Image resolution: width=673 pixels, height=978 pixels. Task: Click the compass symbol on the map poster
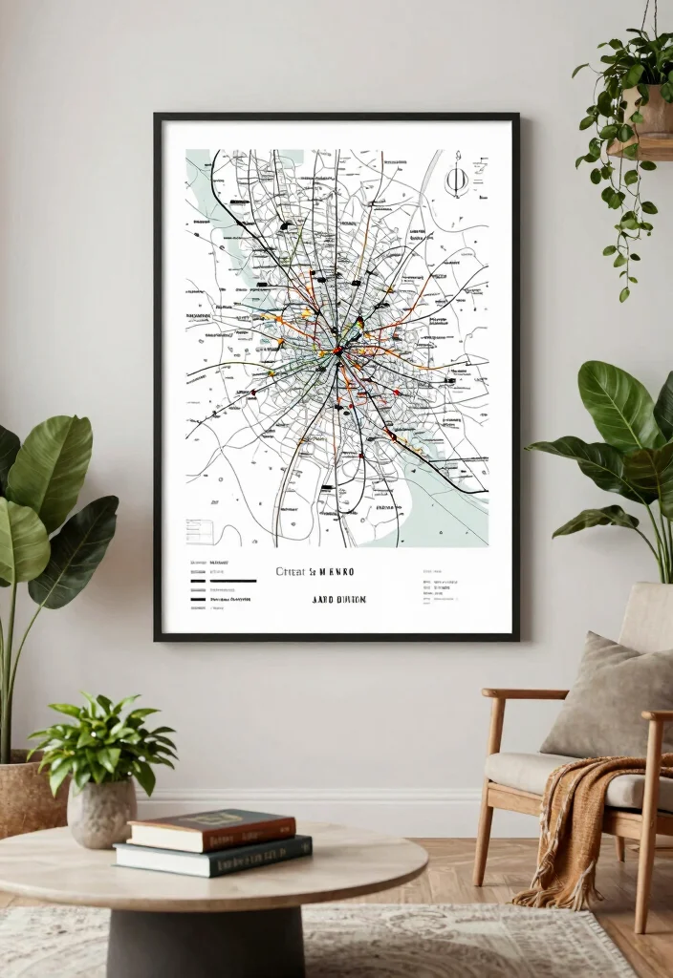point(457,176)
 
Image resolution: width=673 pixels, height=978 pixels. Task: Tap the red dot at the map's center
point(337,351)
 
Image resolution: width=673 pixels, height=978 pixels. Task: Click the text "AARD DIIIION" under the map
point(338,600)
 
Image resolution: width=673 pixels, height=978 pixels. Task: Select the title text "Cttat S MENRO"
point(315,572)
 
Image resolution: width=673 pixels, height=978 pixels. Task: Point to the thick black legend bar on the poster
point(232,581)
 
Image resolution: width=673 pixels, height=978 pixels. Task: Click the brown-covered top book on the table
point(212,829)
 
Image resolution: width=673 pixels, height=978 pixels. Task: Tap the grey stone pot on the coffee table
point(102,813)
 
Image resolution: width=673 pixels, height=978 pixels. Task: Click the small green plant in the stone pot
point(103,740)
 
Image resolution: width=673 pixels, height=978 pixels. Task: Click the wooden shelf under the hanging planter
point(642,147)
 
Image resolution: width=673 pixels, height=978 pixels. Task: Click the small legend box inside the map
point(200,531)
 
